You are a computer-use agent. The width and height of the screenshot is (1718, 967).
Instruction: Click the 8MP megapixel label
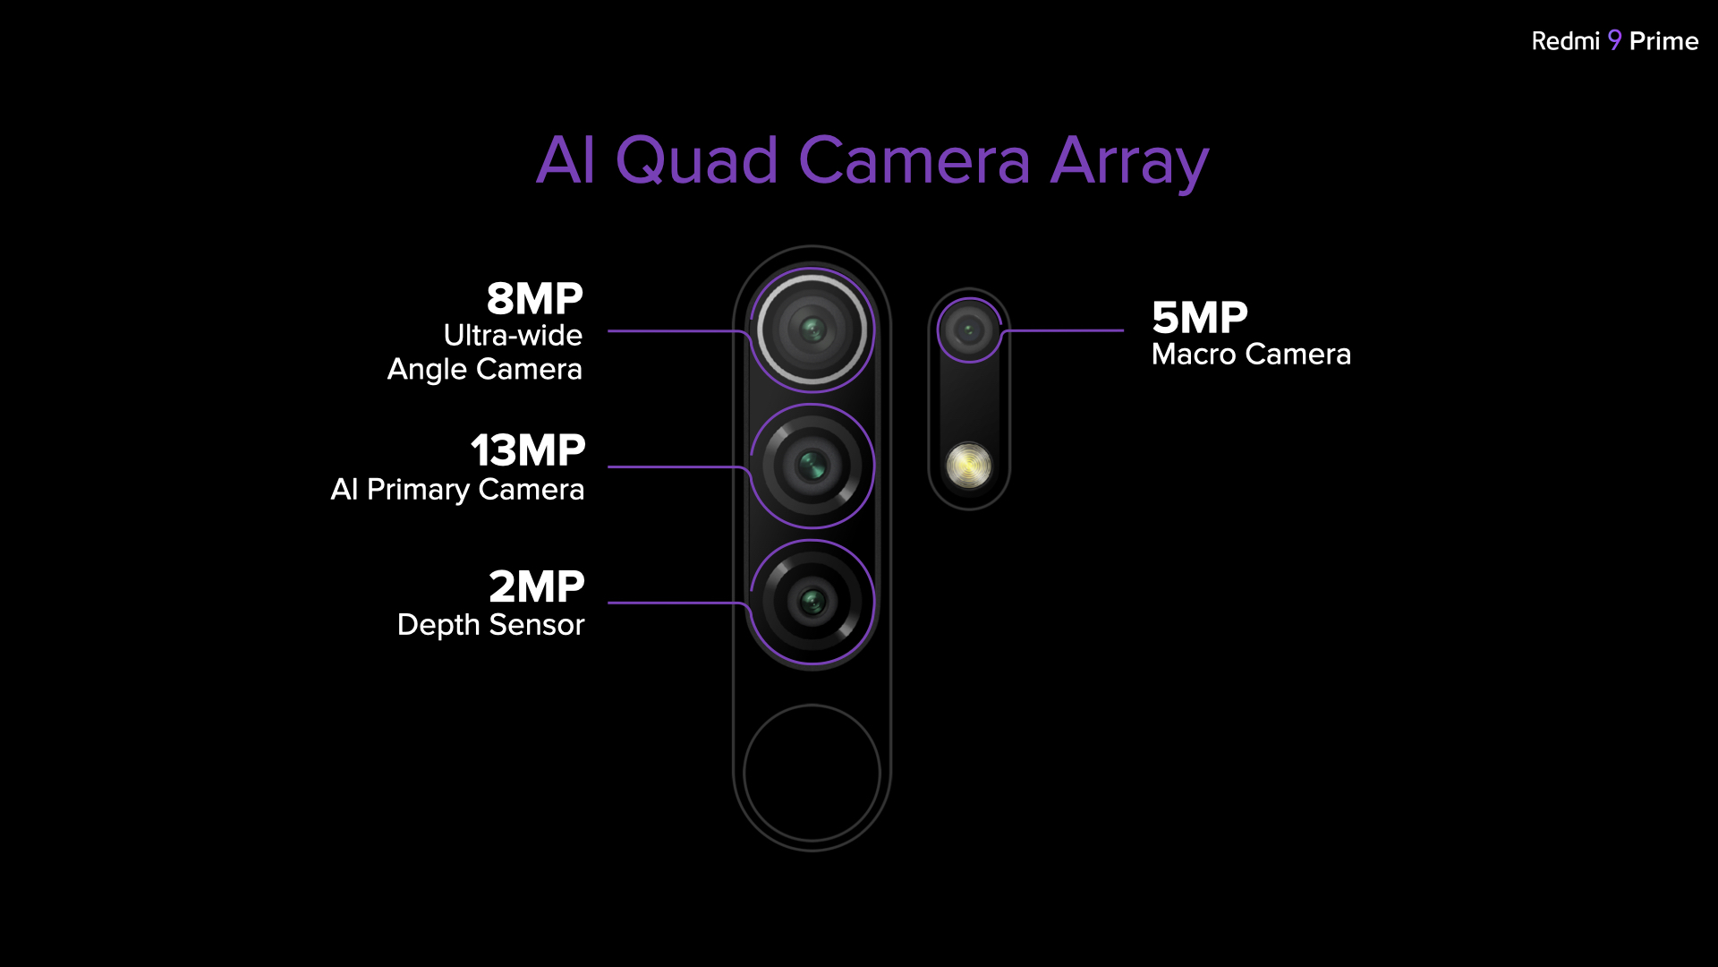pyautogui.click(x=534, y=299)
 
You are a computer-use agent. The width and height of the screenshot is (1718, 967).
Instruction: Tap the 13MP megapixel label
pyautogui.click(x=528, y=450)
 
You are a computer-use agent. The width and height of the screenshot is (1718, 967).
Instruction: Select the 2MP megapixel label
pyautogui.click(x=536, y=587)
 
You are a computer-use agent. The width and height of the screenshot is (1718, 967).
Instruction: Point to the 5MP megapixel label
pyautogui.click(x=1199, y=318)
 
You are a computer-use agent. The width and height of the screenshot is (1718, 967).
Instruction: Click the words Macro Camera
pyautogui.click(x=1251, y=355)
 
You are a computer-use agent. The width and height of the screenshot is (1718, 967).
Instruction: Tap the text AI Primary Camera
pyautogui.click(x=457, y=490)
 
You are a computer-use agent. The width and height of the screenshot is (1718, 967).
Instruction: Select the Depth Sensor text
pyautogui.click(x=490, y=625)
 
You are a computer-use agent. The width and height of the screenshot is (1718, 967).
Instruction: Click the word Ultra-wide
pyautogui.click(x=513, y=335)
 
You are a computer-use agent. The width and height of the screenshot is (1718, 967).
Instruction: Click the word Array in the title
pyautogui.click(x=1129, y=164)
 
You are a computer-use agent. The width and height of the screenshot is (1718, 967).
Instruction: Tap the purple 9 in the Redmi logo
pyautogui.click(x=1614, y=40)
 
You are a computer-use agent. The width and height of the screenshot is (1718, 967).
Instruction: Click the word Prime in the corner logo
pyautogui.click(x=1663, y=41)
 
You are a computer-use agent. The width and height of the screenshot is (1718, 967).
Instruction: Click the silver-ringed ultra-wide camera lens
pyautogui.click(x=812, y=329)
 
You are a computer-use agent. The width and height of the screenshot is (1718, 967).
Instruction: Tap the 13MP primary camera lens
pyautogui.click(x=812, y=466)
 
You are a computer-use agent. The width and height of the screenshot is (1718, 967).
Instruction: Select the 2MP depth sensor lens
pyautogui.click(x=812, y=602)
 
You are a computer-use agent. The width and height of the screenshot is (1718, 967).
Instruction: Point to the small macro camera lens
pyautogui.click(x=969, y=330)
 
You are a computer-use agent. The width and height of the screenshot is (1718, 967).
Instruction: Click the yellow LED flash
pyautogui.click(x=969, y=466)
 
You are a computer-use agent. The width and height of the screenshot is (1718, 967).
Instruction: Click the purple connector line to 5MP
pyautogui.click(x=1061, y=331)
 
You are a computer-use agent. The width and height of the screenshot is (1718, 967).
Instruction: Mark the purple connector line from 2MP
pyautogui.click(x=679, y=603)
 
